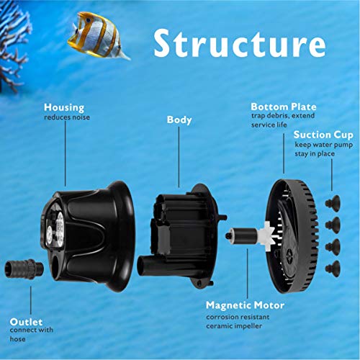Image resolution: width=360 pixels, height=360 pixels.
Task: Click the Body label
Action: coord(179,120)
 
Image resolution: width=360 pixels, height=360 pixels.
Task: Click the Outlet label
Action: coord(27,320)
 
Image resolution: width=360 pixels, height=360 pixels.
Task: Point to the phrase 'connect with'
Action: coord(32,331)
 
